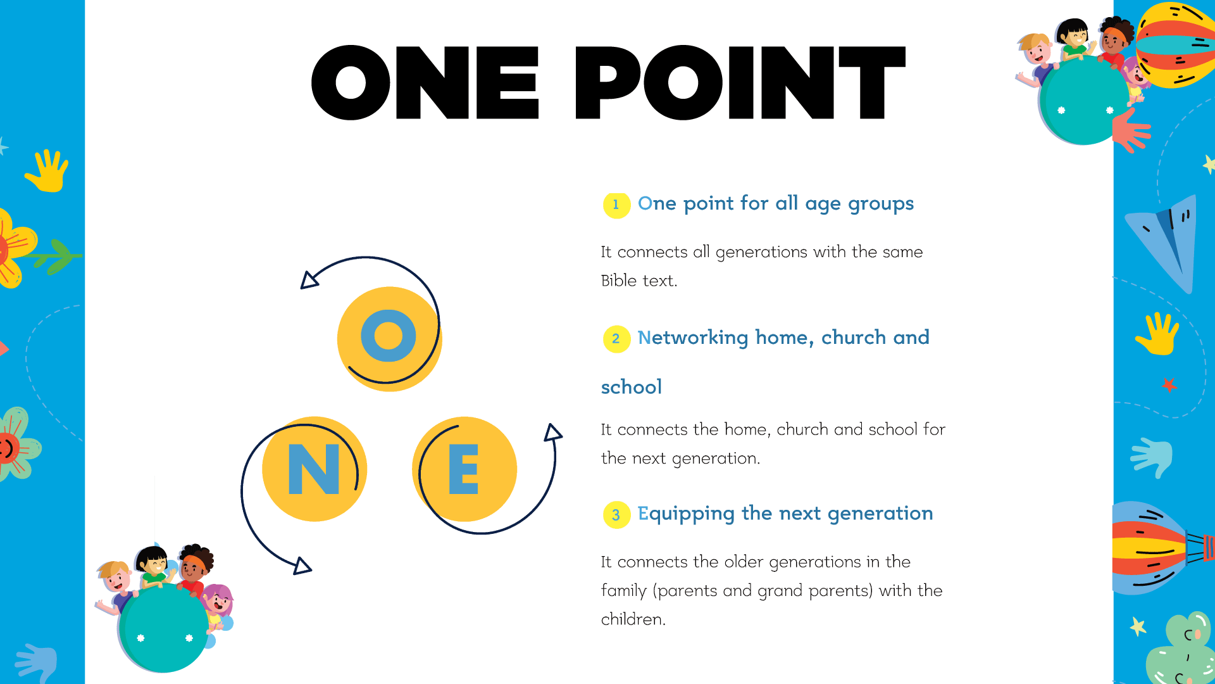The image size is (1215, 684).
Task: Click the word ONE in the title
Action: click(x=425, y=82)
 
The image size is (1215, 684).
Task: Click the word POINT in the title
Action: click(x=740, y=82)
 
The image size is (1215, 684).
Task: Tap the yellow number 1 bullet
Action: click(x=616, y=205)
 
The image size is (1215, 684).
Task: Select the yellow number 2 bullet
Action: click(x=616, y=339)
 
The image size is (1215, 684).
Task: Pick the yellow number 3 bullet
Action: click(x=616, y=515)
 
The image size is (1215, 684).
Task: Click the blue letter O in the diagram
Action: click(x=389, y=336)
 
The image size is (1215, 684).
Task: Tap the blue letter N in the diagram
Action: click(x=314, y=469)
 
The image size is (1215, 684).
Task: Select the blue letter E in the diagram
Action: click(x=463, y=469)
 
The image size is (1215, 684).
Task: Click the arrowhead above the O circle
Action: click(x=308, y=280)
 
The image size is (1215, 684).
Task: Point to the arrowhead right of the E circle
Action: click(x=553, y=433)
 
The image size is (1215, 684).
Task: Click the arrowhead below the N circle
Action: click(x=302, y=566)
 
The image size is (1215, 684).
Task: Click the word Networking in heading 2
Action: click(x=693, y=338)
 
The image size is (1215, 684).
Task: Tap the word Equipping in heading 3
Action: click(x=686, y=514)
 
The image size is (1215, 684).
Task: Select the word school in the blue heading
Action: click(x=632, y=387)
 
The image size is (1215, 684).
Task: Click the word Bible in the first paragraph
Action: click(x=619, y=281)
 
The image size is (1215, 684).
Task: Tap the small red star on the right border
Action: click(x=1169, y=384)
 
